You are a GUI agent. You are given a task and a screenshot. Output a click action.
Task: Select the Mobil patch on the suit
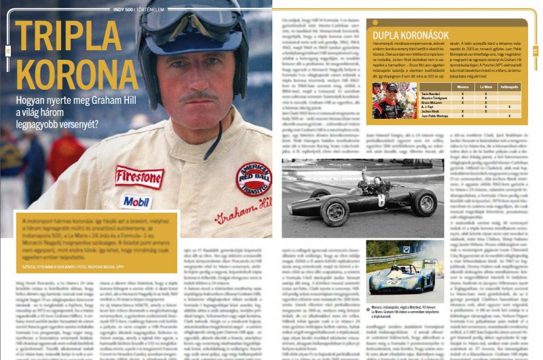click(136, 201)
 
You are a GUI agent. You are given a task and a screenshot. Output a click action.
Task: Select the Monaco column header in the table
click(463, 87)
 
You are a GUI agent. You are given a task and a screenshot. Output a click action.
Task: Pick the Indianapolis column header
click(510, 87)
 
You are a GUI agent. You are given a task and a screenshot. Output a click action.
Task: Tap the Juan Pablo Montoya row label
click(430, 115)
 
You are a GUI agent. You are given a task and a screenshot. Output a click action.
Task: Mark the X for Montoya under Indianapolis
click(510, 115)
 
